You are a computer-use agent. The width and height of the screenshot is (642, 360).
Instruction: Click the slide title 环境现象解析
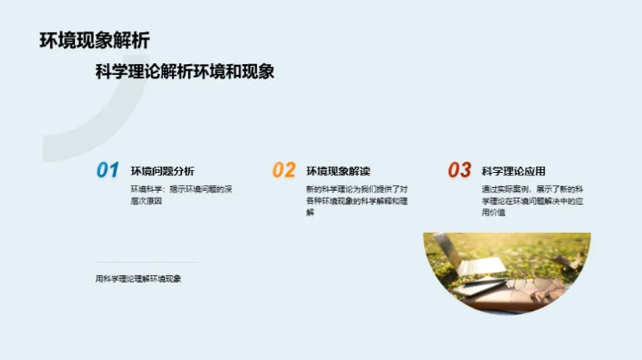[95, 41]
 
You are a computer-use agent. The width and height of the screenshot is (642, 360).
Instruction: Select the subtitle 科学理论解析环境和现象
[185, 72]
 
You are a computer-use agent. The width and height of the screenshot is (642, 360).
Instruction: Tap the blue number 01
[108, 170]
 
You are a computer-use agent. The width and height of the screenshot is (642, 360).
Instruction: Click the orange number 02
[284, 170]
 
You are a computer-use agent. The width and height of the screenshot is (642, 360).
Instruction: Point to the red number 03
[459, 170]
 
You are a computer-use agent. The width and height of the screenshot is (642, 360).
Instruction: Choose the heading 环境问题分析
[163, 171]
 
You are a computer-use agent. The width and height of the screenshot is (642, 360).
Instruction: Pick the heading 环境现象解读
[338, 171]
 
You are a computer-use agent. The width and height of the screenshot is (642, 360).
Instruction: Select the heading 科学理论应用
[513, 171]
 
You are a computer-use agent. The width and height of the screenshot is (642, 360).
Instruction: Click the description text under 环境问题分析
[181, 195]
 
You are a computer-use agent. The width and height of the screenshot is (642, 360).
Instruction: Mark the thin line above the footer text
[147, 263]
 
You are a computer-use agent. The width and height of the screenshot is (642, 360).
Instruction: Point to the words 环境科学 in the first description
[145, 189]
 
